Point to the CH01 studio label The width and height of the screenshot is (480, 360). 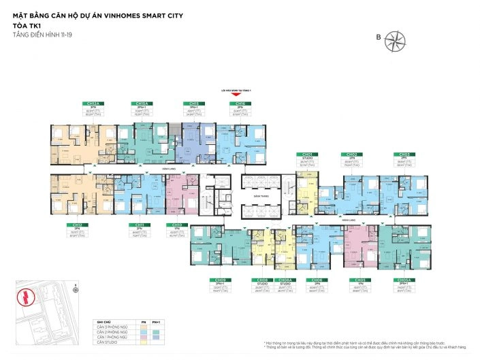tap(306, 154)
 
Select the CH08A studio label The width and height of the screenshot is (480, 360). tap(286, 280)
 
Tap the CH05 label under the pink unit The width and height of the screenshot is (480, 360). tap(358, 280)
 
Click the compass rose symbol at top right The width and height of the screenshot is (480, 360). tap(394, 42)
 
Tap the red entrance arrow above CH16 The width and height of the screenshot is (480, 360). tap(236, 94)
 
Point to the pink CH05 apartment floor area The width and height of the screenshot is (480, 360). tap(357, 245)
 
